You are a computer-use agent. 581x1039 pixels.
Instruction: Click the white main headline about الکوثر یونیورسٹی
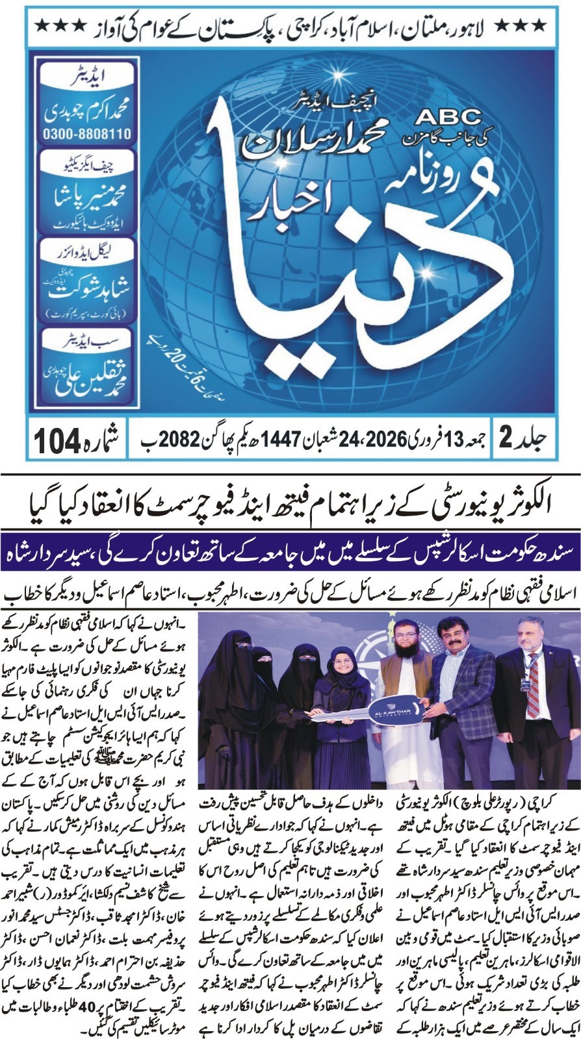290,502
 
